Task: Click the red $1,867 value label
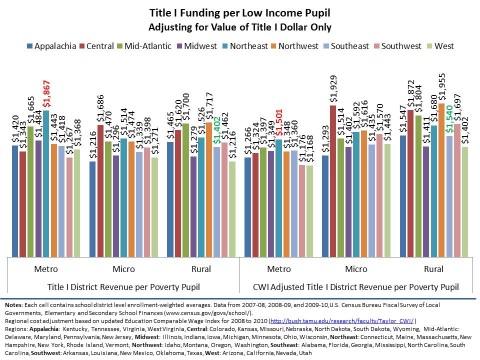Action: coord(46,94)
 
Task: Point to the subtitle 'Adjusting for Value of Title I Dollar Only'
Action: coord(240,26)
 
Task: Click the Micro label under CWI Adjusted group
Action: coord(356,269)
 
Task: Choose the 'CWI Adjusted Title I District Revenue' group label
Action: coord(356,287)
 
